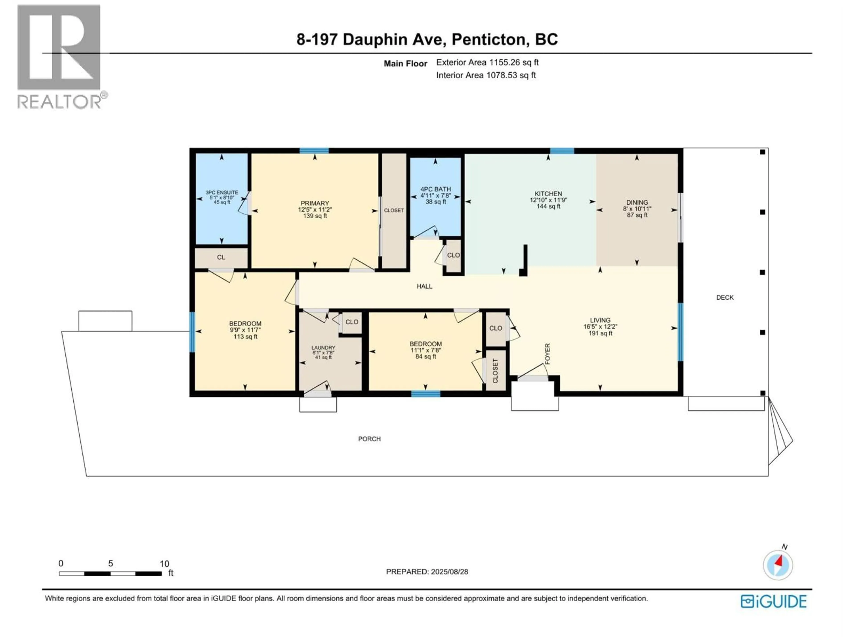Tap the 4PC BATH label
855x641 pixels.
tap(436, 189)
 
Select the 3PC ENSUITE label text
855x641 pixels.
tap(222, 193)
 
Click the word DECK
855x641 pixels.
tap(725, 298)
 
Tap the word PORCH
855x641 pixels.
tap(369, 439)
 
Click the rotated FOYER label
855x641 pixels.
tap(547, 353)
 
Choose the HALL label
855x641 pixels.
tap(424, 286)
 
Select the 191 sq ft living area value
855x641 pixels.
tap(600, 333)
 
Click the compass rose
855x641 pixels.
tap(778, 565)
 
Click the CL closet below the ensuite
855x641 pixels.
tap(221, 257)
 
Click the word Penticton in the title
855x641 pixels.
tap(490, 39)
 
